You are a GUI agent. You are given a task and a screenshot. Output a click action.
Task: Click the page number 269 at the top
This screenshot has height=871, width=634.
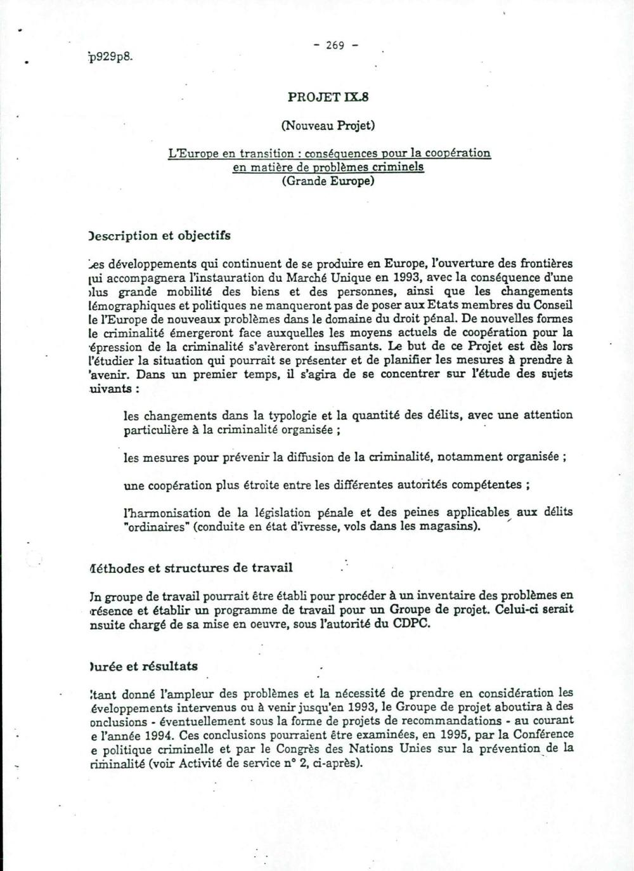coord(335,45)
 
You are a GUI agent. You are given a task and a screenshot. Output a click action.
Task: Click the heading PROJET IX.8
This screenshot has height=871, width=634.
coord(328,97)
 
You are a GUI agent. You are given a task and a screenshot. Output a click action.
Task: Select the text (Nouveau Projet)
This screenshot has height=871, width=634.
coord(328,125)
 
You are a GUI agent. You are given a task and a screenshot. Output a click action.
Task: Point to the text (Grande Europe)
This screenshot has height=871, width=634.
coord(328,181)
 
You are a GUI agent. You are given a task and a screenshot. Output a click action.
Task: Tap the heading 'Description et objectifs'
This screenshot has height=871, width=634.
coord(160,235)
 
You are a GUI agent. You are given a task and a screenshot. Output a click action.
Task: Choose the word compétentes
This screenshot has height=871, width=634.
coord(487,485)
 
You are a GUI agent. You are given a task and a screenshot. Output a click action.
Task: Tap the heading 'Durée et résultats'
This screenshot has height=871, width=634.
coord(144,666)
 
